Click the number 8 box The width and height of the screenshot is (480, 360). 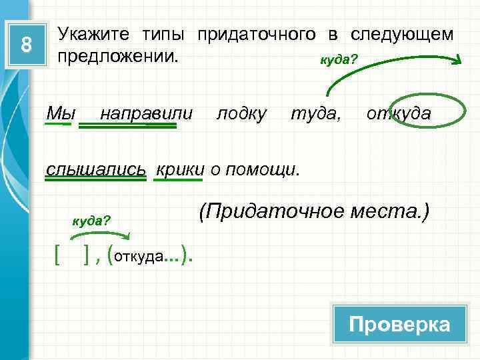pyautogui.click(x=27, y=45)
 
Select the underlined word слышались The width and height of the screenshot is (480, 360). pyautogui.click(x=96, y=169)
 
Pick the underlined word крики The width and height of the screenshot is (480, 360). pyautogui.click(x=180, y=169)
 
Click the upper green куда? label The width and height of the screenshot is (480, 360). pyautogui.click(x=339, y=60)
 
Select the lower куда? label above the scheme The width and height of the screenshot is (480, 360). pyautogui.click(x=91, y=220)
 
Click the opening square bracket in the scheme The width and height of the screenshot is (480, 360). pyautogui.click(x=58, y=254)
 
